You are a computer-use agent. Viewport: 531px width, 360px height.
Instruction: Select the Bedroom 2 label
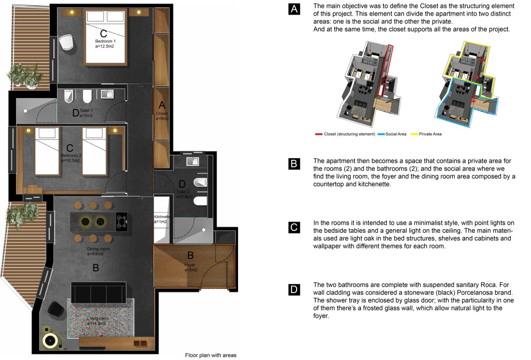71,155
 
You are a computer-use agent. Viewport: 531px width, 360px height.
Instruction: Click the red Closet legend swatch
318,134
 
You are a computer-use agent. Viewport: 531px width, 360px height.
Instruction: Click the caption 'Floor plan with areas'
211,355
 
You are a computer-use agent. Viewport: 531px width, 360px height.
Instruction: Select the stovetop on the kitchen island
121,221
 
